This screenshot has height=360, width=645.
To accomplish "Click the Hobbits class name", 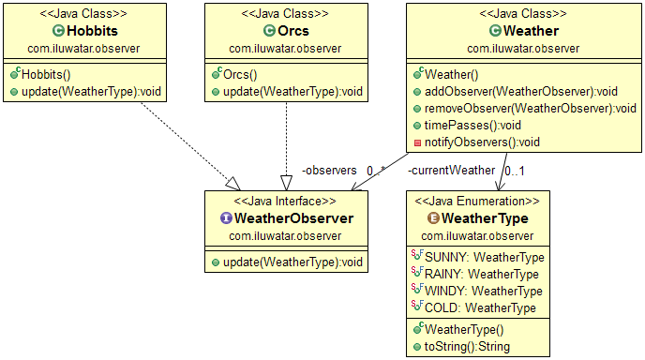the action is (92, 31).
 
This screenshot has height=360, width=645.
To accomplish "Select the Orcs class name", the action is (293, 31).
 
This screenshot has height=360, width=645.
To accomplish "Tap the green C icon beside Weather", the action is (495, 31).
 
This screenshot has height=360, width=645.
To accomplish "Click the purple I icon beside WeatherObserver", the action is (226, 218).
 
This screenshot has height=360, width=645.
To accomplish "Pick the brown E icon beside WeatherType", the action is (433, 218).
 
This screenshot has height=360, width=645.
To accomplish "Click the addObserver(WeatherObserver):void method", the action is (520, 91).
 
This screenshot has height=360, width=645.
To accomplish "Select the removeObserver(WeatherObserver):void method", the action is (531, 108).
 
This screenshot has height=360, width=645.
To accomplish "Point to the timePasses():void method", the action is (472, 125).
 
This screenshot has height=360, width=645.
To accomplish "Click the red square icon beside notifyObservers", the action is (417, 142).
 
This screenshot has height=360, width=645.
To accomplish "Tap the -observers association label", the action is (329, 170).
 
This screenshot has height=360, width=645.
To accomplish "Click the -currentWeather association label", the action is (451, 170).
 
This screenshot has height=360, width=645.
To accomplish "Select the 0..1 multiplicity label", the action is (515, 171).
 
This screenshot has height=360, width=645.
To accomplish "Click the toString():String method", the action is (467, 347).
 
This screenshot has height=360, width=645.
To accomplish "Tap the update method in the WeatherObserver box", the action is (292, 262).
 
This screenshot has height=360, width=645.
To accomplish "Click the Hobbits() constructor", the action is (46, 74).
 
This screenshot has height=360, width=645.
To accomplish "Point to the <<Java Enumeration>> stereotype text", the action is (477, 201).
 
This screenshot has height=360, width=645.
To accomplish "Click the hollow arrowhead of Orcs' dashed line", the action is (286, 183).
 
